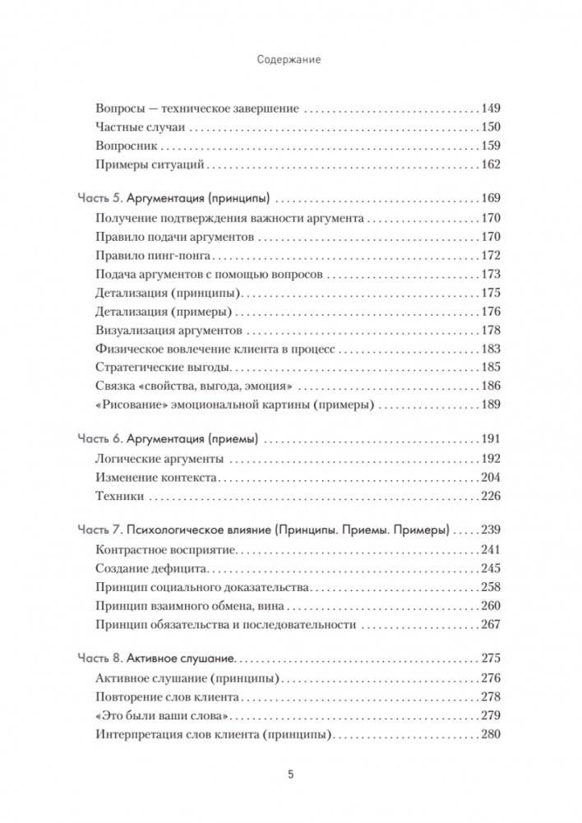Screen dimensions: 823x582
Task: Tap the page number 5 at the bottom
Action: pyautogui.click(x=290, y=774)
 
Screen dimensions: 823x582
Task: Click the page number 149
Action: pyautogui.click(x=490, y=109)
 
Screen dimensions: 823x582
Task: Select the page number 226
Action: pyautogui.click(x=490, y=496)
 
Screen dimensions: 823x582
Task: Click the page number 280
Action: pyautogui.click(x=490, y=734)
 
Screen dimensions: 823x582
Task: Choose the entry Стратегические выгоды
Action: pyautogui.click(x=161, y=368)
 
